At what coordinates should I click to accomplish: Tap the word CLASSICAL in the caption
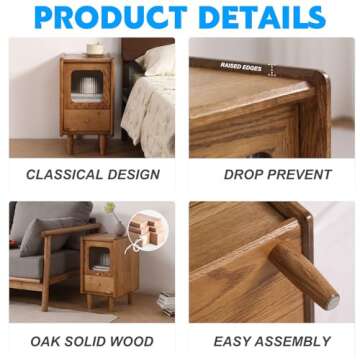64,174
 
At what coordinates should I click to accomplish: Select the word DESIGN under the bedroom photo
132,174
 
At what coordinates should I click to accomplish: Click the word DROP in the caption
245,174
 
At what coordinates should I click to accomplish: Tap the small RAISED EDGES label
241,66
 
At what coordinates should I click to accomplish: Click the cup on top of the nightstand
94,48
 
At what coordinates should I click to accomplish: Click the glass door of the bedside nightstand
88,86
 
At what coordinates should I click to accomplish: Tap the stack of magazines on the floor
164,302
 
